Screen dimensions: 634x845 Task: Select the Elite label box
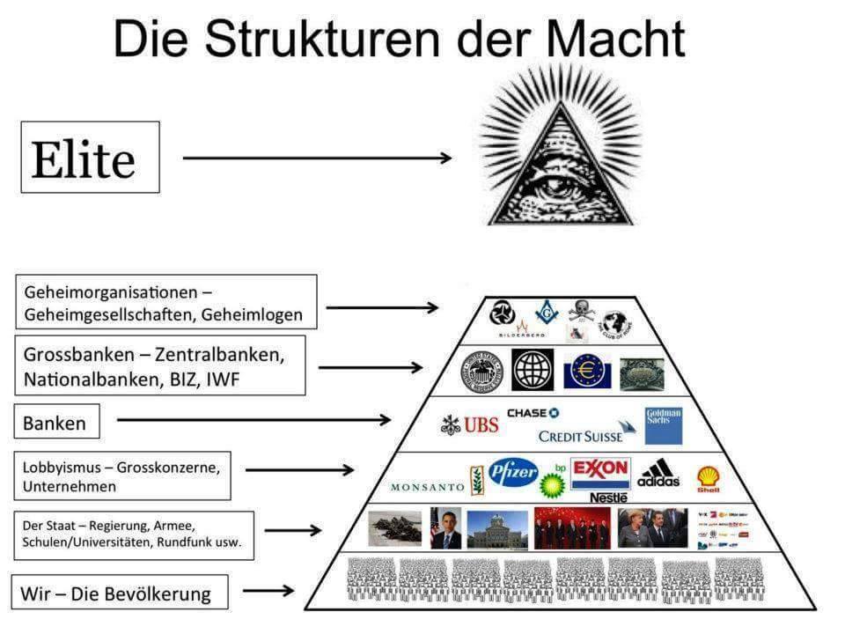pos(90,158)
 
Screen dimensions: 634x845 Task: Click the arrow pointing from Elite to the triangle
pos(317,158)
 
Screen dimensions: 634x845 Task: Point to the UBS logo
pos(470,425)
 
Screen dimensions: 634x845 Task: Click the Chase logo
pos(533,413)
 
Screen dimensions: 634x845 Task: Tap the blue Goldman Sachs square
pos(664,425)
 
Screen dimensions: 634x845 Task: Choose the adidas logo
pos(658,475)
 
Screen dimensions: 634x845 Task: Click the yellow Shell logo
pos(708,479)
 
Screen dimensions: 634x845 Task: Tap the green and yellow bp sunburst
pos(552,483)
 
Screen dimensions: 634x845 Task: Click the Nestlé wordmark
pos(608,498)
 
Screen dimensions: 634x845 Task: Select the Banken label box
pos(55,423)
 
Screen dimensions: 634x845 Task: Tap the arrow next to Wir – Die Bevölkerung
pos(275,591)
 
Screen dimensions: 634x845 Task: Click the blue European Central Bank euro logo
pos(586,371)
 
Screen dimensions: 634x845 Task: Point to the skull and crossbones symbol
pos(582,310)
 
